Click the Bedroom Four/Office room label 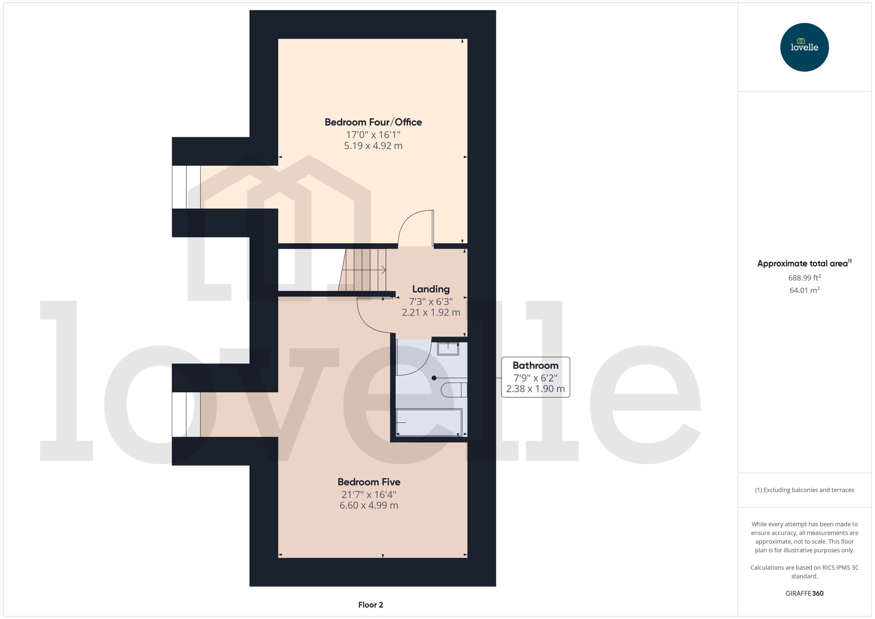[373, 122]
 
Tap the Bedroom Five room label [369, 482]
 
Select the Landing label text [431, 289]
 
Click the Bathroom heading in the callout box [535, 365]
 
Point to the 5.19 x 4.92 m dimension [373, 146]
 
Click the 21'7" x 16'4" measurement [369, 494]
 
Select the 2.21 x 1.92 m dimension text [431, 312]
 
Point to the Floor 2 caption [370, 605]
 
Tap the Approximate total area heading [804, 263]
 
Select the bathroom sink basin [448, 349]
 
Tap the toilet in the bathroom [454, 390]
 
